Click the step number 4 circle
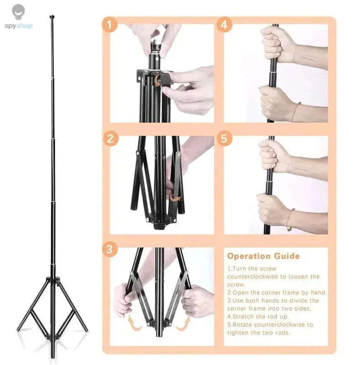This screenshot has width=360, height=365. point(223,25)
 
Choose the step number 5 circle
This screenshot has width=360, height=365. point(223,138)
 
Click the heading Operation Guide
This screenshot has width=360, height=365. point(263,256)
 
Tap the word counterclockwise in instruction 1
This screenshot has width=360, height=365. point(252,276)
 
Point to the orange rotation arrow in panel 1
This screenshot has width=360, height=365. point(157,81)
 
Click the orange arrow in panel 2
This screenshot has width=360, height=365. point(175,198)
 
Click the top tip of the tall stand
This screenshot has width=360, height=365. point(51,17)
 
